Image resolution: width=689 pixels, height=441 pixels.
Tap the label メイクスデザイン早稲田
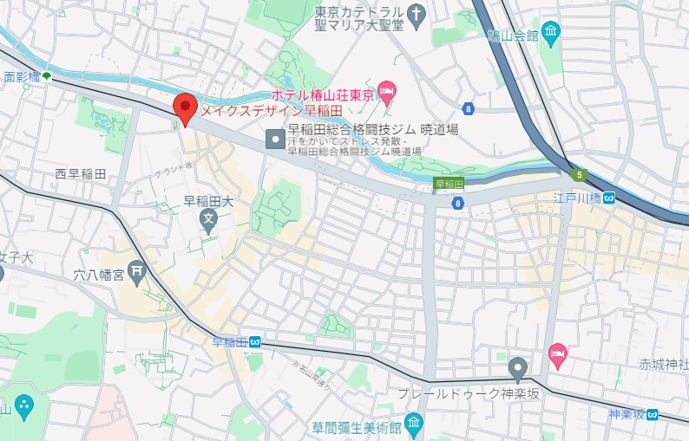pyautogui.click(x=272, y=111)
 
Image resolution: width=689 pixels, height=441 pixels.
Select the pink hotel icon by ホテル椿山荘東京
pyautogui.click(x=387, y=90)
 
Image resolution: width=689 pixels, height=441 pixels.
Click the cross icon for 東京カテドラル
pyautogui.click(x=417, y=14)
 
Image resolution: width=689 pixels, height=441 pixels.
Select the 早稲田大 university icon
pyautogui.click(x=208, y=223)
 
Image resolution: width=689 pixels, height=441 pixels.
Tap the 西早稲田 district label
pyautogui.click(x=81, y=174)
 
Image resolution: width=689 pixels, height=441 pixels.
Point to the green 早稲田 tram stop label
pyautogui.click(x=449, y=183)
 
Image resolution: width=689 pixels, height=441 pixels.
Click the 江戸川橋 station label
pyautogui.click(x=579, y=198)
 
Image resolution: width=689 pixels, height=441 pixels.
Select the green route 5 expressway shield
pyautogui.click(x=579, y=175)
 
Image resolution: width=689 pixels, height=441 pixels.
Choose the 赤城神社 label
pyautogui.click(x=662, y=363)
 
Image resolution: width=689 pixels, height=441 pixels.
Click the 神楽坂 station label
pyautogui.click(x=628, y=414)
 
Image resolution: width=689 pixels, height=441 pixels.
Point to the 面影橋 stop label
pyautogui.click(x=22, y=77)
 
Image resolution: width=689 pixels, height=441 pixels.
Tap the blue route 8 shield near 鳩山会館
pyautogui.click(x=469, y=108)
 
